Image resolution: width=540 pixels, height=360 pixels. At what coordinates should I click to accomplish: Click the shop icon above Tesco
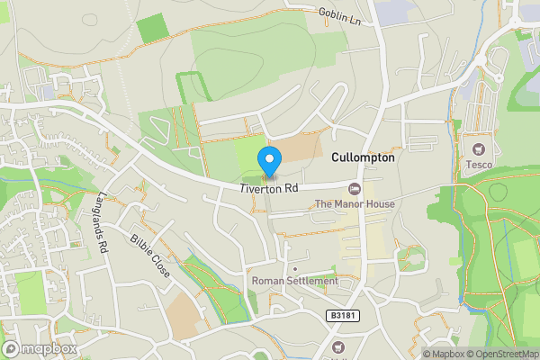(478, 148)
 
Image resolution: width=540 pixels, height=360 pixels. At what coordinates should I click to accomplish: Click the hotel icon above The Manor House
(354, 188)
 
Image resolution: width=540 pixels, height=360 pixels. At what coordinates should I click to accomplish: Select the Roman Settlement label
(294, 281)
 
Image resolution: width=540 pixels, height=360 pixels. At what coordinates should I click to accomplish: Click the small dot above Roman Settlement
(294, 268)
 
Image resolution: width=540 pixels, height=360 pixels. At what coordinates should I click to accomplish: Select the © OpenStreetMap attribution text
(500, 354)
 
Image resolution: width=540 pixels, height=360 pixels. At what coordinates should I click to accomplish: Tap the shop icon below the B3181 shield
(338, 346)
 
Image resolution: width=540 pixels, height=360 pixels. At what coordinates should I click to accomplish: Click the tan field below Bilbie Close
(184, 316)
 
